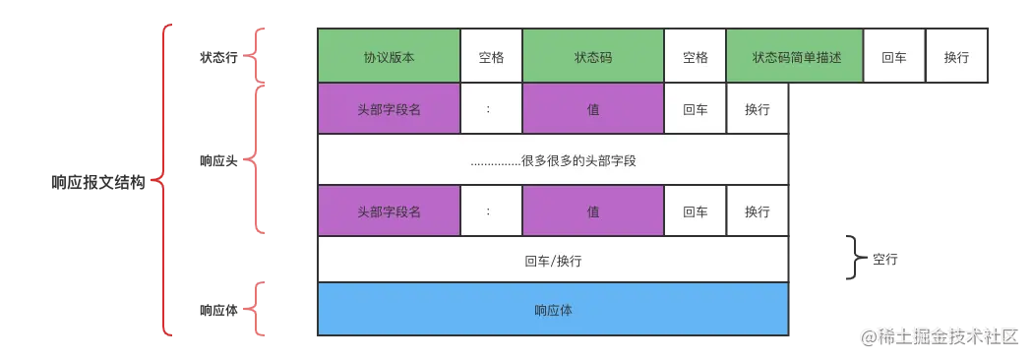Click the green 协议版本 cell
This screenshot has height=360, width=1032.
pos(389,56)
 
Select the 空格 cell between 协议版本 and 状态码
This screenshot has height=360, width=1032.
pos(491,56)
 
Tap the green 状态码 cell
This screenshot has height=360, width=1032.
pos(592,56)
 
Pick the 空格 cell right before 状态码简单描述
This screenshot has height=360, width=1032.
pos(695,56)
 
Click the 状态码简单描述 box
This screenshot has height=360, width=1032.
pos(795,56)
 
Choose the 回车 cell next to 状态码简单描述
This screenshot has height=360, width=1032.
pos(894,56)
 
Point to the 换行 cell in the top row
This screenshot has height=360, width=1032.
pos(956,56)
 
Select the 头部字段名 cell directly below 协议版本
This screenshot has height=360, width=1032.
pos(389,108)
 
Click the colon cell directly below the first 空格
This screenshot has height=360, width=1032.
pos(491,108)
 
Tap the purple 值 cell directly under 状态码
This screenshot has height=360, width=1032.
pos(592,108)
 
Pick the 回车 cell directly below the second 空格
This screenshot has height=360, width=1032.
pos(695,108)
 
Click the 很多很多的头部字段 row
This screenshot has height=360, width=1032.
pos(553,159)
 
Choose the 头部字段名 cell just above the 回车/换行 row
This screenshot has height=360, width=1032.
pos(389,210)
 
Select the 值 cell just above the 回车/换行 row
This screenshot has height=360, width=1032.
pos(592,210)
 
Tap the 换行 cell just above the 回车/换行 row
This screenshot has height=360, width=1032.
pos(757,210)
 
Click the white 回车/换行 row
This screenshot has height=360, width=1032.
pos(553,261)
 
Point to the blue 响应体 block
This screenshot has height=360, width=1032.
pos(553,310)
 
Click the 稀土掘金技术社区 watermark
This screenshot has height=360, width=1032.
pos(939,335)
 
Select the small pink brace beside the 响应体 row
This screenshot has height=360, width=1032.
pos(259,308)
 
